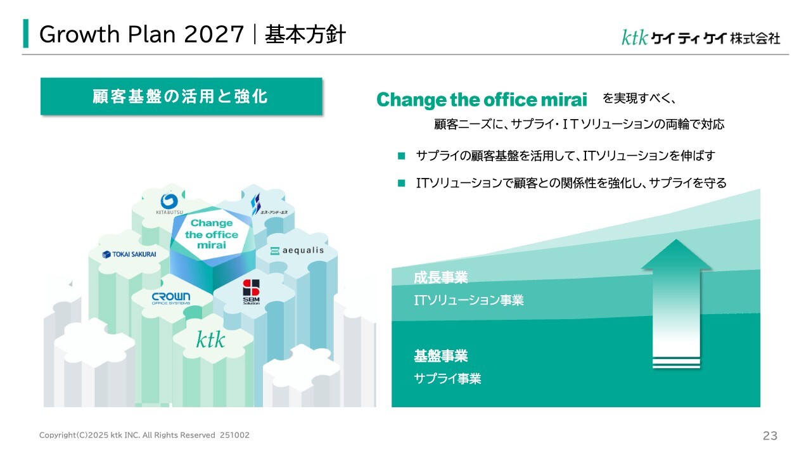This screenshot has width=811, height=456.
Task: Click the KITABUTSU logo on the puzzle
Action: (x=169, y=204)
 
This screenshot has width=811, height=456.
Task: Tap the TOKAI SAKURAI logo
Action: (x=129, y=255)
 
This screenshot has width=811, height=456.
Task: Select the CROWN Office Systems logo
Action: (x=171, y=298)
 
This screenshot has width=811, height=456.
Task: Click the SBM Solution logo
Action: (x=252, y=292)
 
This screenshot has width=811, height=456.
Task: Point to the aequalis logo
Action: (x=297, y=250)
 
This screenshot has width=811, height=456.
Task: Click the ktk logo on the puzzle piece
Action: (x=210, y=339)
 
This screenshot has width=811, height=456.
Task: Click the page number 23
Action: (x=770, y=436)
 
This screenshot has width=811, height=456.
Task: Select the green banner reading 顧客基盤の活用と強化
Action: (x=181, y=96)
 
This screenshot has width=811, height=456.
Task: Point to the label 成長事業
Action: (x=440, y=277)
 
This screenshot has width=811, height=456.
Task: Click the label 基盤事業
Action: (x=440, y=356)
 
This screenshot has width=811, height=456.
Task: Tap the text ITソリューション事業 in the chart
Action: (x=469, y=300)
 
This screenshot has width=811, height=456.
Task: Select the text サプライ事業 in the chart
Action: (x=447, y=379)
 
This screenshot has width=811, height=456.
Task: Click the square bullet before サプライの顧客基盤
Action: (x=401, y=156)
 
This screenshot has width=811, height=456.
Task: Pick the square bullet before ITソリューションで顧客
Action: (x=401, y=183)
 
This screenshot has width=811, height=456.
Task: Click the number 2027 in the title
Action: (x=214, y=35)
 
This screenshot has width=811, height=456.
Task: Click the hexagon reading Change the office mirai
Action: (x=212, y=234)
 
